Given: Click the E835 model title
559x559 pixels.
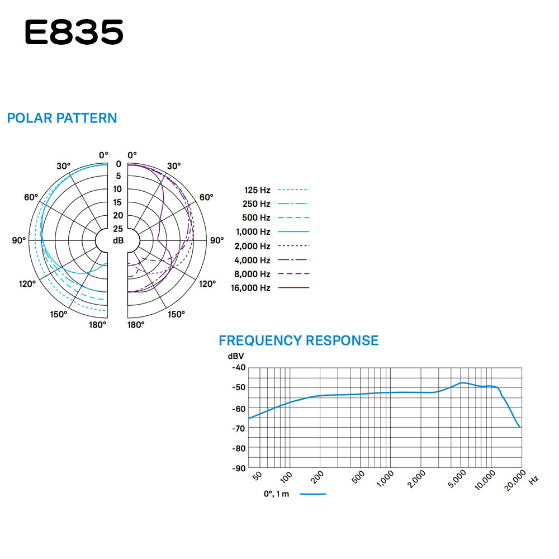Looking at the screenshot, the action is click(74, 32).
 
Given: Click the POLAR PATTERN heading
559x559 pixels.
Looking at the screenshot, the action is click(62, 118).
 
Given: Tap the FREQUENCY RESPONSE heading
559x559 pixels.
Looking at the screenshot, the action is click(299, 340).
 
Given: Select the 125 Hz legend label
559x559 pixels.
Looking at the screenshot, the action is click(257, 190).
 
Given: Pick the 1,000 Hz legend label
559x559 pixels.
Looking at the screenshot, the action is click(253, 232).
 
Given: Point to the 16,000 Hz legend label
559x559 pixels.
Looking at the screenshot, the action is click(250, 288).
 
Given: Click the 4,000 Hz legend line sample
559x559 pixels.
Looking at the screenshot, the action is click(293, 260).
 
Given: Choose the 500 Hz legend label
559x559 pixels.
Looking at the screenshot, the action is click(256, 218).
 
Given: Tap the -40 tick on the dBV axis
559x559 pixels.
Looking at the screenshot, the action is click(239, 367).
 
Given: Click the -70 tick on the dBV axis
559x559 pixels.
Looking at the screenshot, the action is click(239, 428).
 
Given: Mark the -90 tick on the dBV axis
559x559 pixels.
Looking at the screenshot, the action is click(239, 468).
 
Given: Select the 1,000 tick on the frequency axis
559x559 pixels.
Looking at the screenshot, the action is click(385, 479).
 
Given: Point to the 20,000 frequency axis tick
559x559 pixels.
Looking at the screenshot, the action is click(515, 480).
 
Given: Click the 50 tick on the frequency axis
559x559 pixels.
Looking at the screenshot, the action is click(257, 476).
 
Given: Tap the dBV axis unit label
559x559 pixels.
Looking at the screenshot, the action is click(236, 356).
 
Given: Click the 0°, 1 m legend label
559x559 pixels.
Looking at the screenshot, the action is click(276, 494).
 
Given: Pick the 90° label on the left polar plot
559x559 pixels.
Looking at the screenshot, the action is click(19, 240).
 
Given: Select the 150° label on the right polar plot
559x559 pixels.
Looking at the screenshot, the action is click(177, 314).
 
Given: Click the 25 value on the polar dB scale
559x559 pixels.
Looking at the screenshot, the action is click(118, 229).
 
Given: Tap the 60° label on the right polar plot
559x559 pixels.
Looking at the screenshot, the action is click(206, 197).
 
